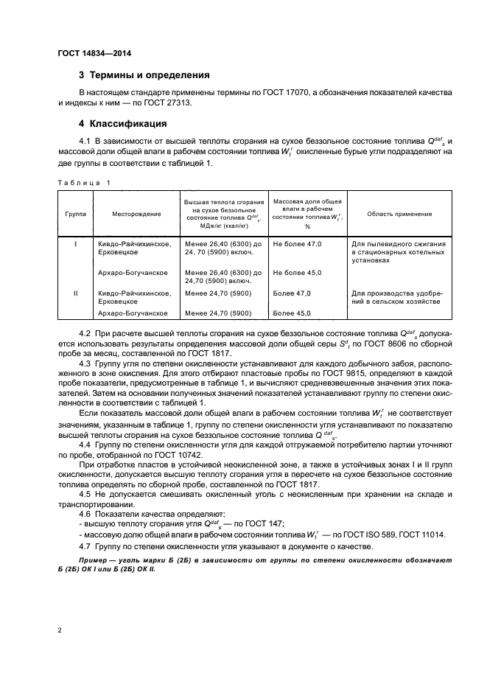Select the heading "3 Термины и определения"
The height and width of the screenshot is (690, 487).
click(x=144, y=75)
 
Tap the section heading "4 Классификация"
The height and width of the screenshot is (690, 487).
click(x=123, y=123)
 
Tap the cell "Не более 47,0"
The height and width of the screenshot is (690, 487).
click(x=297, y=243)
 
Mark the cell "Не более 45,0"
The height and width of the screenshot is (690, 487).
click(x=297, y=273)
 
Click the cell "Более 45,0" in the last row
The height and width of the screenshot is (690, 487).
click(x=292, y=313)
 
